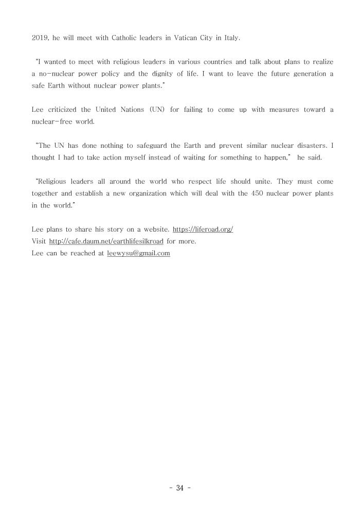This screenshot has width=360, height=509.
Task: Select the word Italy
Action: (230, 38)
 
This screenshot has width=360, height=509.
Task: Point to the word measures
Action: (281, 110)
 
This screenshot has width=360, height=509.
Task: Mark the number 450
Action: (245, 194)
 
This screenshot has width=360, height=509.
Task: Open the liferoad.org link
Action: (203, 230)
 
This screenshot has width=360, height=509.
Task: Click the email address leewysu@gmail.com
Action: (138, 253)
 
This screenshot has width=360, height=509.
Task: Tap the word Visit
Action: (39, 241)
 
